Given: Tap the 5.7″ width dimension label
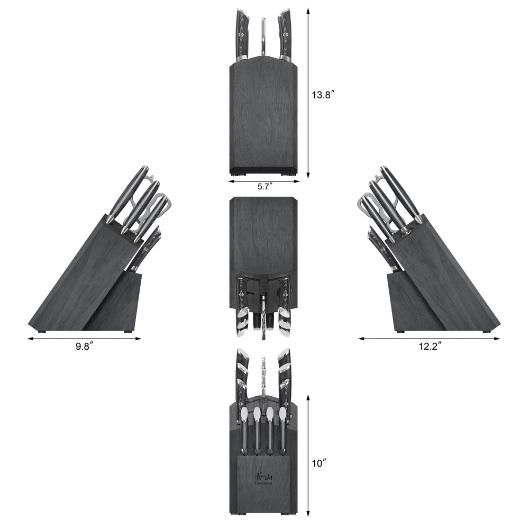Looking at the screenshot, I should [x=265, y=187].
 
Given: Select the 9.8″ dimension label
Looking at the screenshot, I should [x=85, y=346].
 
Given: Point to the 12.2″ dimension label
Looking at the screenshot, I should [x=429, y=346].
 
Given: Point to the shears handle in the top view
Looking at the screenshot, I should [x=263, y=37].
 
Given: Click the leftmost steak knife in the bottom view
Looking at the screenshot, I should [x=244, y=428].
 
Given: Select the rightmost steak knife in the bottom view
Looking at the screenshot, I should [x=282, y=428].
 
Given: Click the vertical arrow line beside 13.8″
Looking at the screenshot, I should [x=307, y=93].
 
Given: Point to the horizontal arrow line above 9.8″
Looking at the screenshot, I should [x=85, y=338].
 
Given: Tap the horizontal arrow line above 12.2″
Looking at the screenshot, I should [x=429, y=339].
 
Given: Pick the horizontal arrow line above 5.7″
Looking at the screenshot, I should [x=264, y=181].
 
